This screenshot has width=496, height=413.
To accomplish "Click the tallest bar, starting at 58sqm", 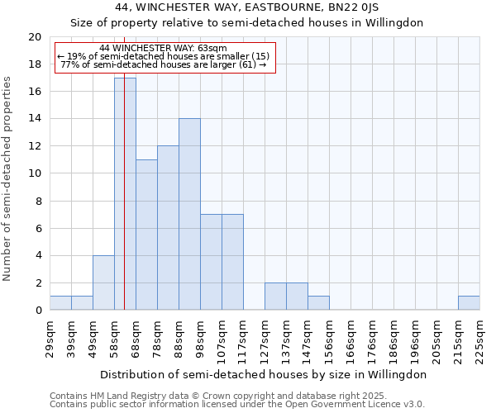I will click(x=125, y=194).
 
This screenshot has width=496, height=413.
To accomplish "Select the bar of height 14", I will click(x=189, y=215).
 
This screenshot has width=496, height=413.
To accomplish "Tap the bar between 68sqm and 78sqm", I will click(x=146, y=235).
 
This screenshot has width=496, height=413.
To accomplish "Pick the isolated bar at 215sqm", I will click(x=469, y=303).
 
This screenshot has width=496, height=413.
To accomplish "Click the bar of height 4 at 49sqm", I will click(x=103, y=282).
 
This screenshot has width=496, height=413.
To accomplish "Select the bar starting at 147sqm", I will click(x=318, y=303).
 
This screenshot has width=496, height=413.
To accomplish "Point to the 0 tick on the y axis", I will click(x=38, y=311).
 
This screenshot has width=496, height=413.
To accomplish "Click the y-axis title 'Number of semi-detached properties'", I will click(x=7, y=178).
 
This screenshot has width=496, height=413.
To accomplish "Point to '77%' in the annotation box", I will click(x=69, y=64).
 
